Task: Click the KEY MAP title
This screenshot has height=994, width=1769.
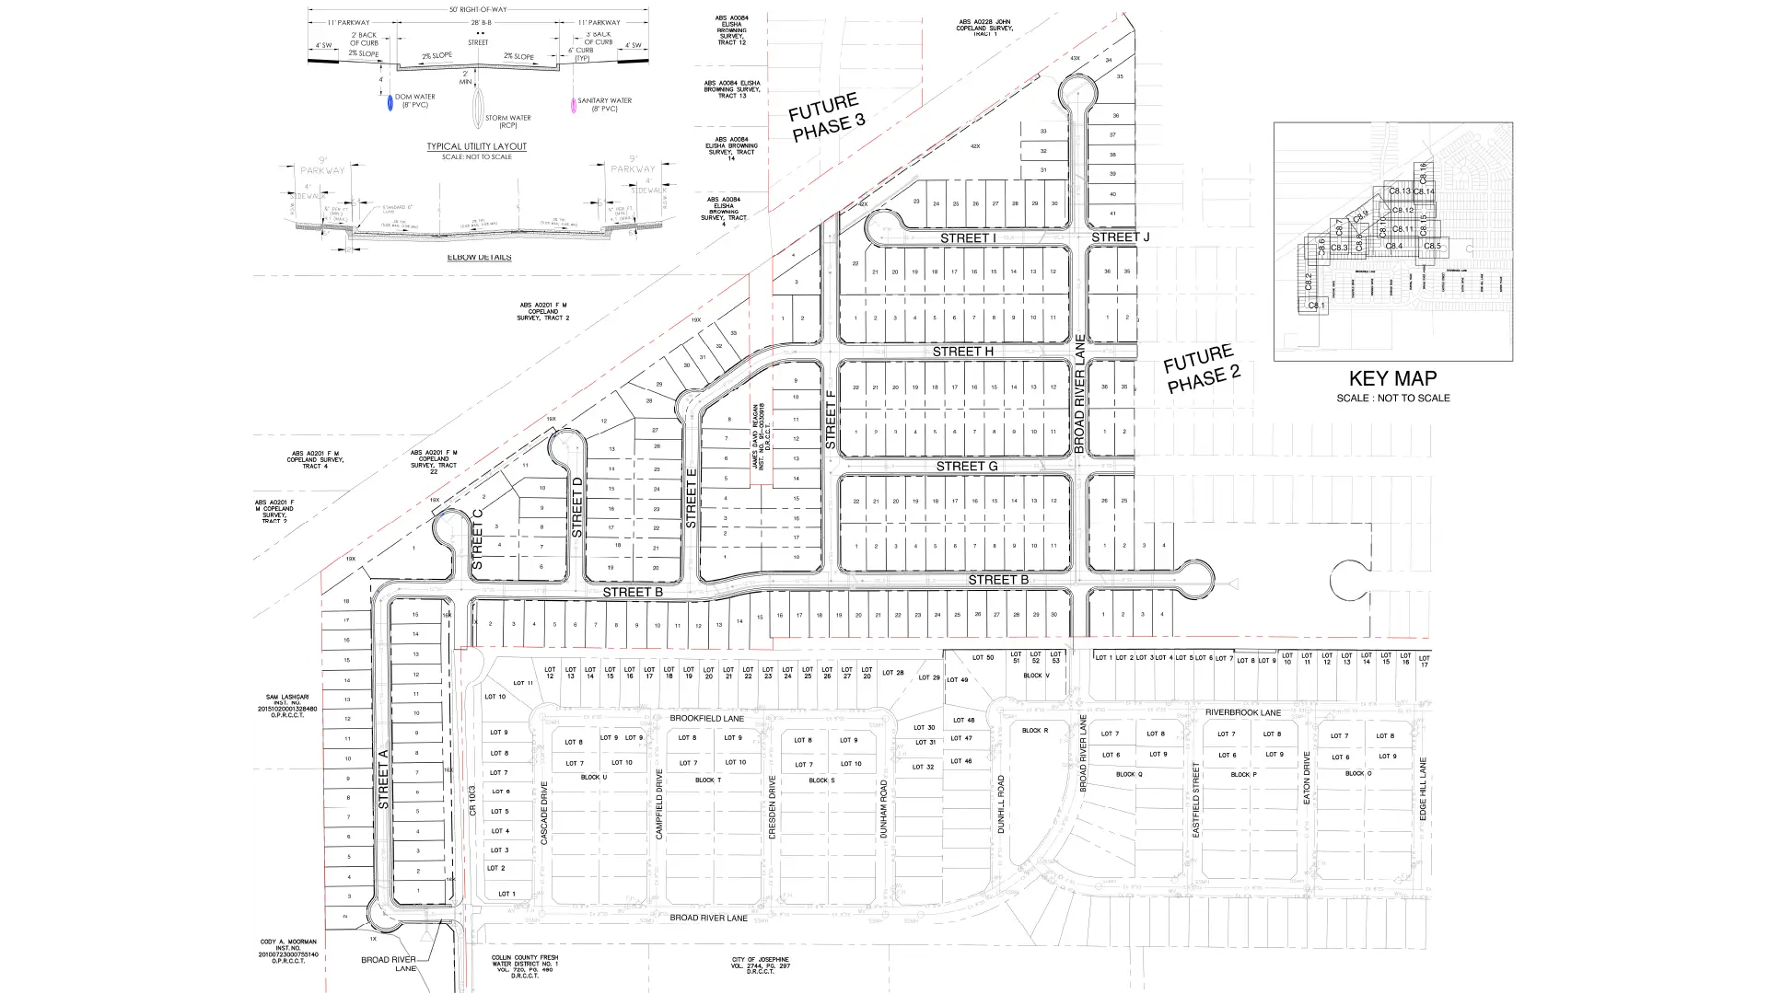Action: pos(1392,378)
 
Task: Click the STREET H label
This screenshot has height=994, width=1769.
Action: pos(962,352)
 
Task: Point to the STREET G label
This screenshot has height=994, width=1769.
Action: pos(966,467)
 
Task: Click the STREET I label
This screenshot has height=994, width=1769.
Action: pos(968,238)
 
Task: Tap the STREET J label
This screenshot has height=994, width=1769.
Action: pos(1120,237)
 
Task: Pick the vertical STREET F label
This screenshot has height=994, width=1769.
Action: pos(830,420)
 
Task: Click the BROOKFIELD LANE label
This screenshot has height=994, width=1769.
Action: pos(706,719)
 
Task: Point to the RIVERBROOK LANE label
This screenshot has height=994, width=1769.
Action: pos(1242,713)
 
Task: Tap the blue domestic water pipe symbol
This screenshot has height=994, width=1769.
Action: pos(390,104)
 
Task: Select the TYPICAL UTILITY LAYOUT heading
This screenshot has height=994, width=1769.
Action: pos(476,146)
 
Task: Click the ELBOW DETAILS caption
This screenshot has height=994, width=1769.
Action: pos(479,258)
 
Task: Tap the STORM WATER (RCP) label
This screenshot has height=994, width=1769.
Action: pos(507,121)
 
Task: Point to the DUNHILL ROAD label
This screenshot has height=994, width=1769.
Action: pos(1001,804)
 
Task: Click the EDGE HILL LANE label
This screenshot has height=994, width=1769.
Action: pos(1423,790)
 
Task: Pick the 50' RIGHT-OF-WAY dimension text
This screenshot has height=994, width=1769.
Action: pos(478,9)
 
